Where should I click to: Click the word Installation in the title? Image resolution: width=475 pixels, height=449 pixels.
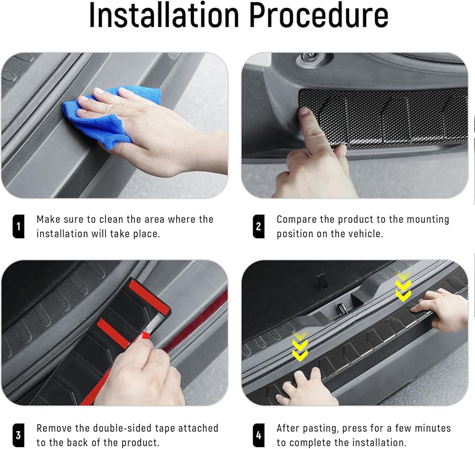pos(164,15)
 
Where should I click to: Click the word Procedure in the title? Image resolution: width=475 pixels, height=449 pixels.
pos(319,15)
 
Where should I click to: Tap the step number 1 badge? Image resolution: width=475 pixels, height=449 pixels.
pos(18,226)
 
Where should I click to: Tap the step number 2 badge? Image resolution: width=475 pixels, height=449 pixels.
pos(258,226)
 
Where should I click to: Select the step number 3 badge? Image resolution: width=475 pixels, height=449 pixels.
pos(18,435)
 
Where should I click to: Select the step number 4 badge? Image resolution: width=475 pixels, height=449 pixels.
pos(258,435)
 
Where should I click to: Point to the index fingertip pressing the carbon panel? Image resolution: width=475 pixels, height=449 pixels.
pos(303,111)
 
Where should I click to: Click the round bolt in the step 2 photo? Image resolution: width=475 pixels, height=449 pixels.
pos(310,56)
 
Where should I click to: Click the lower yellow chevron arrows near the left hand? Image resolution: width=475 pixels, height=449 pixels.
pos(300,346)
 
